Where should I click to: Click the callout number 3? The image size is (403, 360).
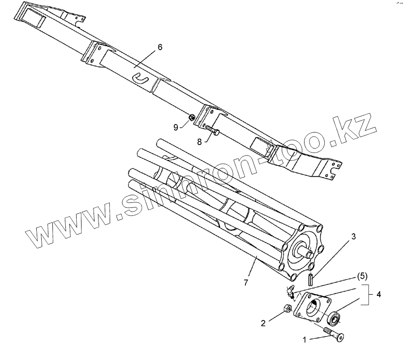pos(353,237)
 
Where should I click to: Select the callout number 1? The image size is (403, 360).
pos(305,340)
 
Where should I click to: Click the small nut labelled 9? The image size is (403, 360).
pos(192,118)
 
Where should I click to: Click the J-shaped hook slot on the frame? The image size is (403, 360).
pos(140,78)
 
